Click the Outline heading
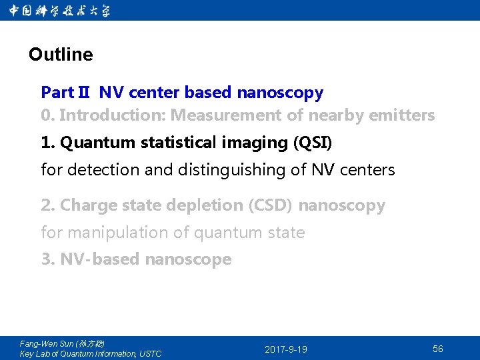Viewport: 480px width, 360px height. click(61, 55)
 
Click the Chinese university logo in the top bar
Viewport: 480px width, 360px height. click(61, 11)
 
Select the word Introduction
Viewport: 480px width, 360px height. click(112, 115)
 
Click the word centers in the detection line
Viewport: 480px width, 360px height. click(367, 170)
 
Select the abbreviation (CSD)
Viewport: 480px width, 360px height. click(270, 205)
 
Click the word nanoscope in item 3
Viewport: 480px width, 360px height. click(188, 259)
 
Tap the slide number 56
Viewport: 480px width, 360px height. click(438, 349)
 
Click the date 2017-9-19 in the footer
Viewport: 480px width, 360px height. click(286, 349)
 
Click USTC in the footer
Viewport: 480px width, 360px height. click(150, 354)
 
